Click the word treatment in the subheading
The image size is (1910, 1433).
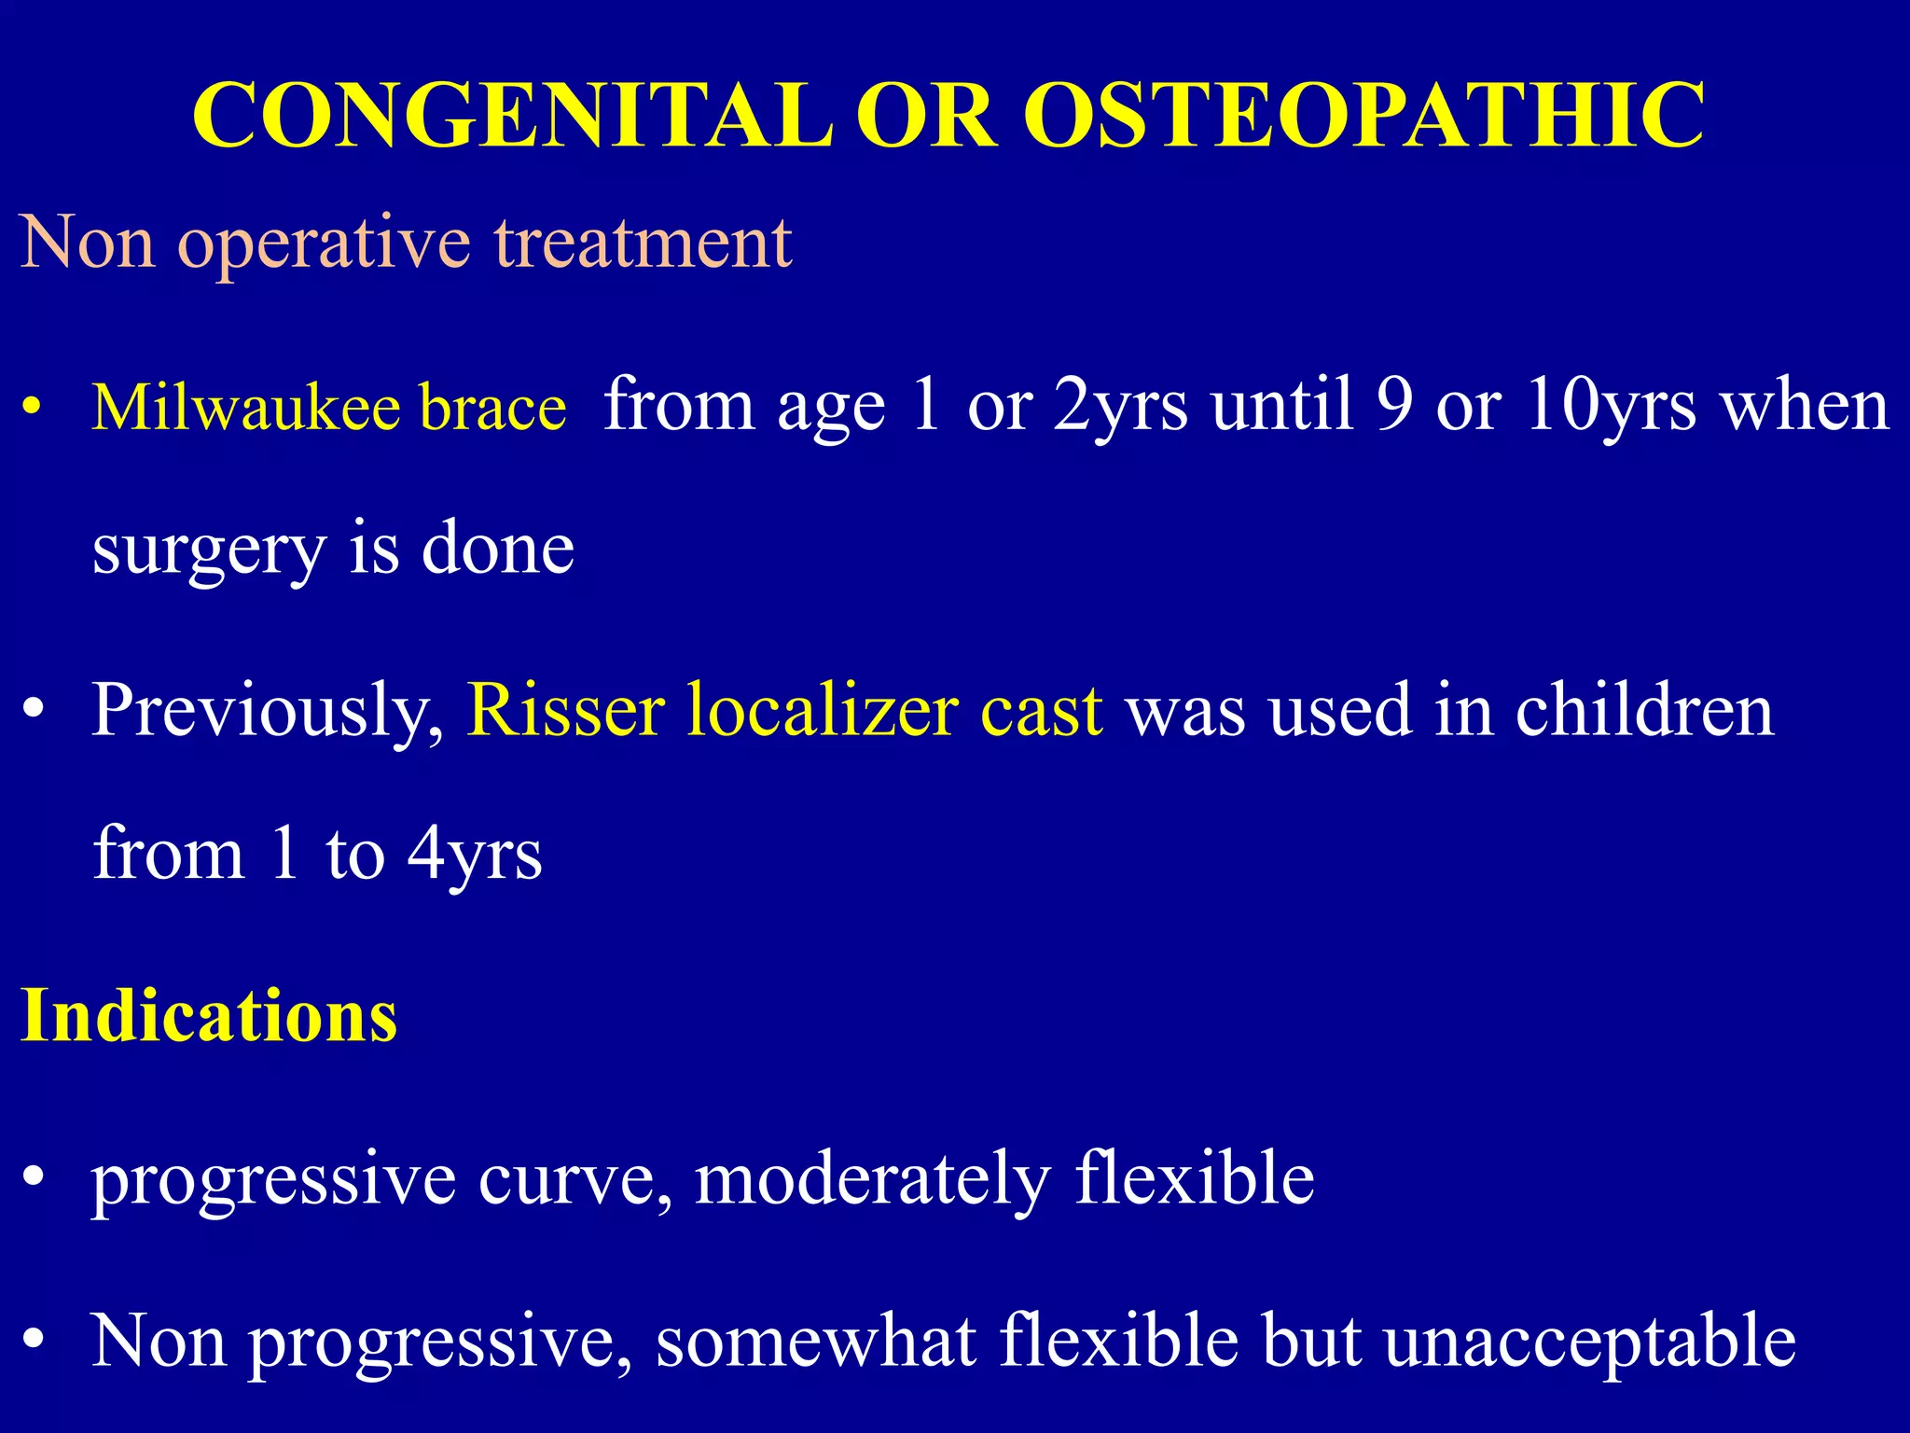coord(643,243)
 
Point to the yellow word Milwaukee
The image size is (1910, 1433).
coord(246,408)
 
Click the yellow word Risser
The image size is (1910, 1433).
coord(565,711)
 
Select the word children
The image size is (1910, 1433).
coord(1643,711)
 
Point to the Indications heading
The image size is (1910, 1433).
coord(209,1015)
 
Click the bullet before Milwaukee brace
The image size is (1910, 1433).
coord(33,409)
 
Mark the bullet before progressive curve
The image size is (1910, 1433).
coord(34,1178)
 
